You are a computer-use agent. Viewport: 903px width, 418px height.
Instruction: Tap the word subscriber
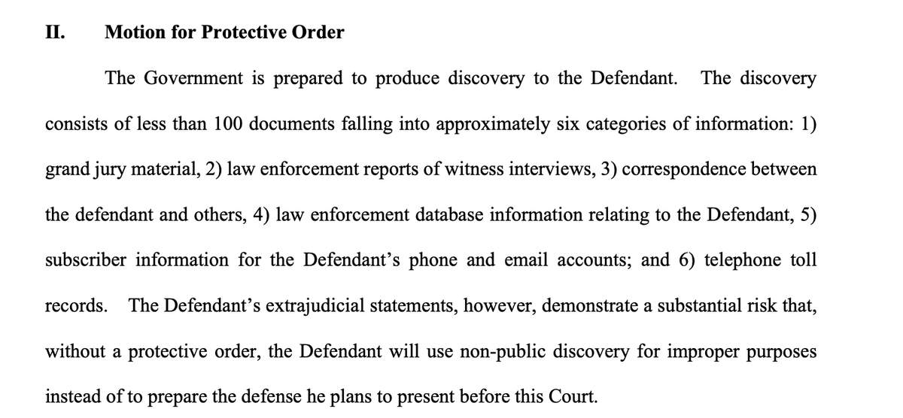point(86,261)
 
